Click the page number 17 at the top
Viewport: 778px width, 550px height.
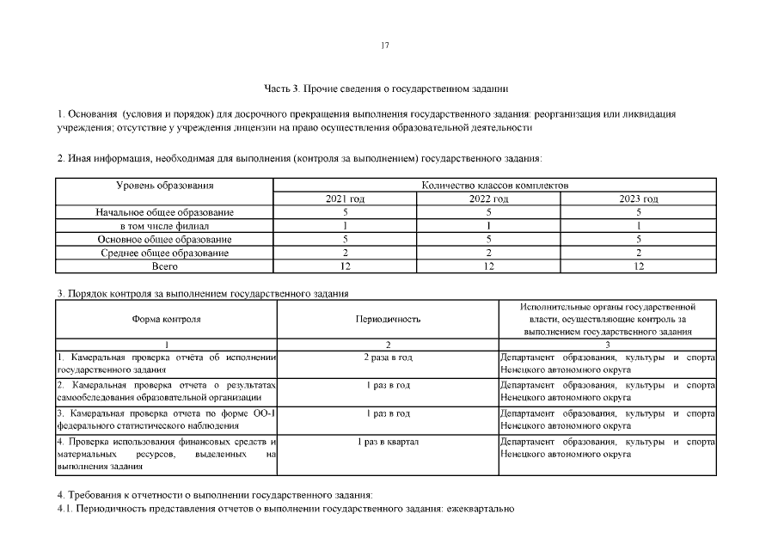click(386, 46)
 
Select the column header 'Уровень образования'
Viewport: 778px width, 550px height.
click(164, 186)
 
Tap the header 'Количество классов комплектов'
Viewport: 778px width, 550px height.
click(494, 186)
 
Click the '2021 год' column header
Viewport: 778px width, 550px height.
click(345, 199)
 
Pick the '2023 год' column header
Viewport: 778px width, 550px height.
click(639, 199)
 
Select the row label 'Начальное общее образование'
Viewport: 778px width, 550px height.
click(164, 212)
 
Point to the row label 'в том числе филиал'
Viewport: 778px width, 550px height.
click(164, 226)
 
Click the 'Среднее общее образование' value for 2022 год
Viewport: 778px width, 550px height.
click(488, 254)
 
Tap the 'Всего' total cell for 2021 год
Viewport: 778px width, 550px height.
click(345, 267)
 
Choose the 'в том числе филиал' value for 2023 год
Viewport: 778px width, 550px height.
click(639, 226)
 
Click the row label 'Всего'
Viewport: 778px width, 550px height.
click(164, 267)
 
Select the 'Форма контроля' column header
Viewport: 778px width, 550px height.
click(166, 319)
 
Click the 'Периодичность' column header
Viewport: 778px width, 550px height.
click(388, 319)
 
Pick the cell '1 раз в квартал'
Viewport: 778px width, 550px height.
click(388, 442)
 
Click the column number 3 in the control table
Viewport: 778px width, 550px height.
click(607, 344)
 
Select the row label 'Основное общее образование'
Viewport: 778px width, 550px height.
click(164, 240)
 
